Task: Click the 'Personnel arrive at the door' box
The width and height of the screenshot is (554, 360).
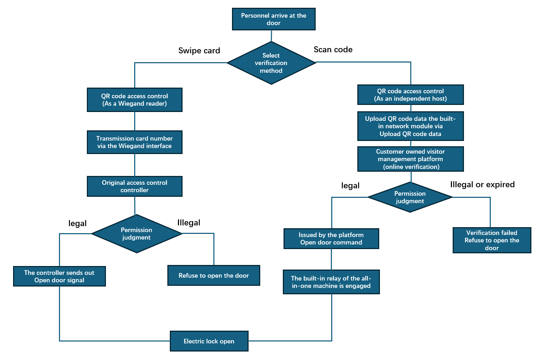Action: (x=274, y=19)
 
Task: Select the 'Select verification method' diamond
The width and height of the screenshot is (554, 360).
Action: (x=271, y=63)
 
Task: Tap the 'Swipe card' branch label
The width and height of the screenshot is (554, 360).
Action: (x=199, y=51)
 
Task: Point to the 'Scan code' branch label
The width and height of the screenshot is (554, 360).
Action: (x=333, y=49)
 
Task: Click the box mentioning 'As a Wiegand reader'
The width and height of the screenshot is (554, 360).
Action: (x=135, y=100)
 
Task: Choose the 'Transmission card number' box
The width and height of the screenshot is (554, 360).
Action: (x=135, y=142)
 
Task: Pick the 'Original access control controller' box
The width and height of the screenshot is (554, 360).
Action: (x=135, y=186)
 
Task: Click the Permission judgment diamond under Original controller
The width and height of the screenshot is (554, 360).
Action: (x=136, y=234)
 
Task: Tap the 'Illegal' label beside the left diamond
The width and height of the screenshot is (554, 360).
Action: (x=189, y=223)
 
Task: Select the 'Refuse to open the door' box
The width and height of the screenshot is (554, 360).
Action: (x=214, y=276)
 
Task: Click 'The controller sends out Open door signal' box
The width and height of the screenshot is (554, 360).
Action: (x=59, y=276)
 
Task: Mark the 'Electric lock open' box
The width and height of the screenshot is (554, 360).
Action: (x=209, y=341)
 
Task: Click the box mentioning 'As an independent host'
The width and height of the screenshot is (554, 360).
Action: (x=410, y=95)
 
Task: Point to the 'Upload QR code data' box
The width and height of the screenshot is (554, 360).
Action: (x=410, y=126)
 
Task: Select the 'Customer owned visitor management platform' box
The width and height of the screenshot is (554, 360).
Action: (x=410, y=159)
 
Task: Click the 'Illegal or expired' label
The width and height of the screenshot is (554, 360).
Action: (x=482, y=184)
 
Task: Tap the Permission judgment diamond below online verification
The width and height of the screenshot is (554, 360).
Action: (x=410, y=197)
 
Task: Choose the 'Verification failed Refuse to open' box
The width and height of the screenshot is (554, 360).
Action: (x=492, y=240)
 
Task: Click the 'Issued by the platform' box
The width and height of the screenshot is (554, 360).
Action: (x=331, y=238)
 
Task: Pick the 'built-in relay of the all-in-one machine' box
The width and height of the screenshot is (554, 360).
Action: (x=331, y=282)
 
